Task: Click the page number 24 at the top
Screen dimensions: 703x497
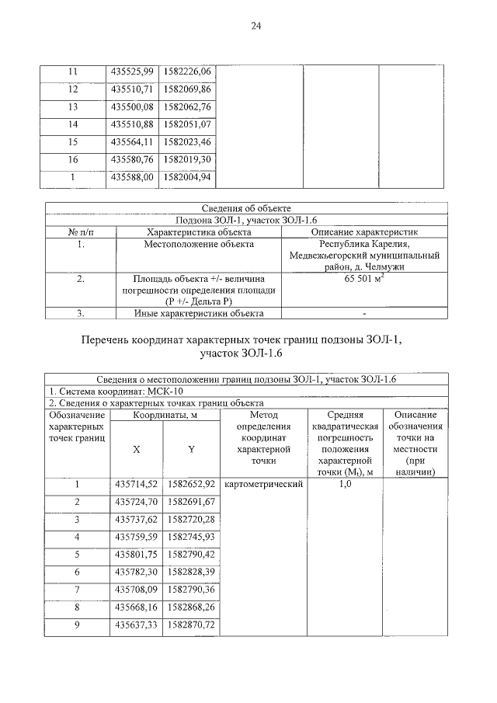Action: coord(255,26)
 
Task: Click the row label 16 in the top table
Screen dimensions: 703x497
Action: coord(74,159)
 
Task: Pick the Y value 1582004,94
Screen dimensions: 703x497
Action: coord(188,177)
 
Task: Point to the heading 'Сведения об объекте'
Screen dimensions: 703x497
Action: coord(246,208)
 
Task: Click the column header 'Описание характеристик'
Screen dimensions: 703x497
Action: coord(364,231)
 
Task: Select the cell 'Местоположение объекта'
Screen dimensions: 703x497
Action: coord(199,244)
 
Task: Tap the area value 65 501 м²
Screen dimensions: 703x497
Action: coord(364,278)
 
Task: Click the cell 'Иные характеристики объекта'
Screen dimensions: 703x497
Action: coord(199,313)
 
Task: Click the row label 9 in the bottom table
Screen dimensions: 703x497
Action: coord(77,625)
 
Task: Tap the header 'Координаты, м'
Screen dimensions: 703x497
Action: coord(164,416)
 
